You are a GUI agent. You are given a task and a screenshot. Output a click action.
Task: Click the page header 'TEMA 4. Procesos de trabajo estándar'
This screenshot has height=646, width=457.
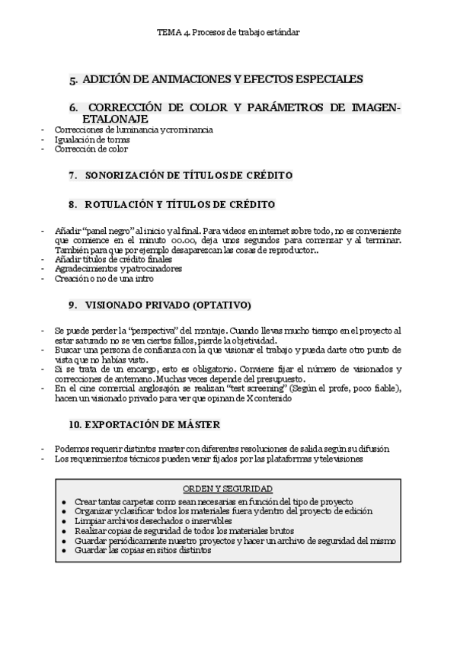[228, 33]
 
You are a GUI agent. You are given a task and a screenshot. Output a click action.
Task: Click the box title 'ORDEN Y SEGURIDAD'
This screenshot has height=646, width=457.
[228, 488]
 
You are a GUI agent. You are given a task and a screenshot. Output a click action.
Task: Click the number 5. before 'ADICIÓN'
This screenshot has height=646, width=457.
[73, 79]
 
